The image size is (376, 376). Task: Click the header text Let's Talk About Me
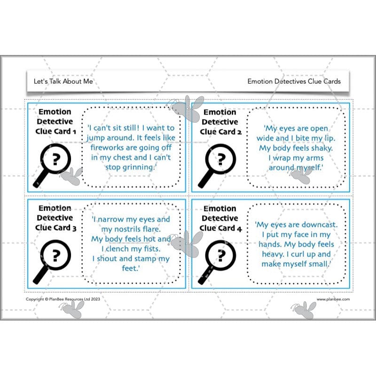tap(63, 81)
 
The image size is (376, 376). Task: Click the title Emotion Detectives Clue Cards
tap(294, 81)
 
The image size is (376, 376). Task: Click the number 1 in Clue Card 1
tap(74, 132)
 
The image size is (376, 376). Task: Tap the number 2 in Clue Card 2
tap(239, 132)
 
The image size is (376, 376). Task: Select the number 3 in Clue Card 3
tap(74, 228)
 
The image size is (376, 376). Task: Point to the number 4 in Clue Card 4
tap(239, 229)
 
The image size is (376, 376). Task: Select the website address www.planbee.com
tap(333, 299)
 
